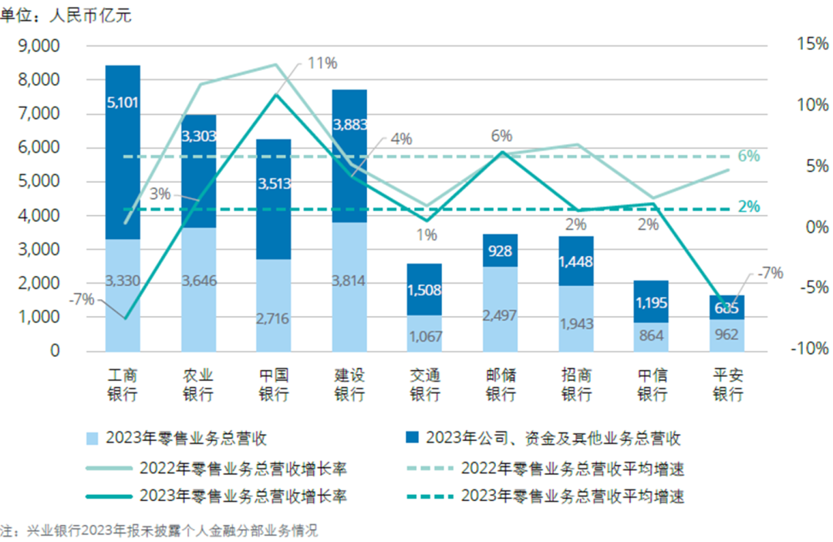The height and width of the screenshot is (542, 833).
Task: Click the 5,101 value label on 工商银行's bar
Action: coord(123,102)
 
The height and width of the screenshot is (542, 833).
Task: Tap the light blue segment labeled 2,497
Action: coord(501,316)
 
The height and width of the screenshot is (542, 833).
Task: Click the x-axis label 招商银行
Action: coord(576,385)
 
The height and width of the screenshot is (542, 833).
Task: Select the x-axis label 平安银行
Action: coord(727,385)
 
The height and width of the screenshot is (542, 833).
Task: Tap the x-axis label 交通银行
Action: coord(425,385)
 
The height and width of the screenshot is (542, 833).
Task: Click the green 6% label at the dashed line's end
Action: coord(748,157)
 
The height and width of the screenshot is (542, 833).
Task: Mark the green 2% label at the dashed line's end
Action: coord(748,207)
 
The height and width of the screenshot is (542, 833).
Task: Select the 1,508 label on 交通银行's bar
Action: coord(425,289)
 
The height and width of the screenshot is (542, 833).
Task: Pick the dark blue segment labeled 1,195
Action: coord(652,302)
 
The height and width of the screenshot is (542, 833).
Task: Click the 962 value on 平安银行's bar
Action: coord(727,335)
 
